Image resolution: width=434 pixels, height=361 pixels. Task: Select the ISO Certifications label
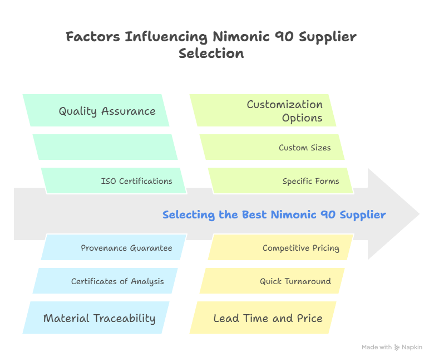136,181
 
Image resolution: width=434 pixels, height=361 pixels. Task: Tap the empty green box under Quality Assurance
105,147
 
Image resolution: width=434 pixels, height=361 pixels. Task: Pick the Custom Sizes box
304,148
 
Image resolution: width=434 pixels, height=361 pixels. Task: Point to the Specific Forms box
310,181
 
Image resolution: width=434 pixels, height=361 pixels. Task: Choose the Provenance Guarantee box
126,248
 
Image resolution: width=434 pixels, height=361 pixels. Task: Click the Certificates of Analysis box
117,281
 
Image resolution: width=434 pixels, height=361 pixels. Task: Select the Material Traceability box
99,318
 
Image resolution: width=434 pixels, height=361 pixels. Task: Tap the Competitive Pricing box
300,248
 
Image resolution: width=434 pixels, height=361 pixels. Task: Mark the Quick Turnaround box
295,281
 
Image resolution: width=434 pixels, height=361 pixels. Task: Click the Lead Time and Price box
268,318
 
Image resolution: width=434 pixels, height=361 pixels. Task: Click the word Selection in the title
211,53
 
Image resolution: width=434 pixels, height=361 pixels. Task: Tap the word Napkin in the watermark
412,347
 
